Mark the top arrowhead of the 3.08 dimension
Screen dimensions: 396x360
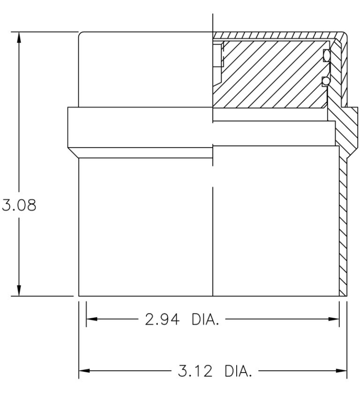(x=19, y=37)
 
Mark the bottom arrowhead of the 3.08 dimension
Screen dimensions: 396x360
(x=19, y=291)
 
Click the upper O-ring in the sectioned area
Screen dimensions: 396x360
(x=326, y=56)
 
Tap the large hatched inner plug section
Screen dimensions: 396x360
(x=272, y=75)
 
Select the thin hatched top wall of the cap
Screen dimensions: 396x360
(x=277, y=35)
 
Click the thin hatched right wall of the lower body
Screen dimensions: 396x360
(x=343, y=225)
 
